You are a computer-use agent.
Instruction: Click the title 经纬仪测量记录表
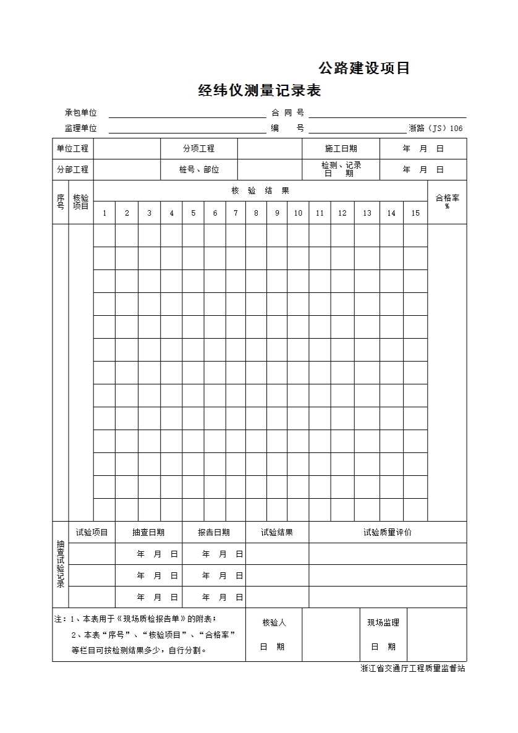coord(259,91)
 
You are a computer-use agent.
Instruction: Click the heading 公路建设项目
coord(364,68)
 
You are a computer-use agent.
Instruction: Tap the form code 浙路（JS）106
coord(436,129)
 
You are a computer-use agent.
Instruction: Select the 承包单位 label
coord(81,112)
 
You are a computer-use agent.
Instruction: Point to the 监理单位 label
coord(81,128)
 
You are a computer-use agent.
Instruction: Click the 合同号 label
coord(287,112)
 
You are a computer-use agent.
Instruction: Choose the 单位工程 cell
coord(73,148)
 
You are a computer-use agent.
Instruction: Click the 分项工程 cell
coord(198,148)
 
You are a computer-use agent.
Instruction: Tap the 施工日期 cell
coord(341,148)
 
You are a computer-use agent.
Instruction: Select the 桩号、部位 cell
coord(198,169)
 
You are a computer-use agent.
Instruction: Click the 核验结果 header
coord(260,190)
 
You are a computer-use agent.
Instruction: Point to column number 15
coord(415,213)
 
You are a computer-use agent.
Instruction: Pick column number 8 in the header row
coord(256,213)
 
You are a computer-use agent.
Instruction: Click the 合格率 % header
coord(447,201)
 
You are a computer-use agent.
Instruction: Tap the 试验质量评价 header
coord(388,532)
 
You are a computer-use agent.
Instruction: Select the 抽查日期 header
coord(148,532)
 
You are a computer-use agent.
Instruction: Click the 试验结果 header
coord(277,532)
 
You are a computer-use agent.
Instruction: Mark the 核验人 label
coord(274,622)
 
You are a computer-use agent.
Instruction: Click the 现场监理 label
coord(383,622)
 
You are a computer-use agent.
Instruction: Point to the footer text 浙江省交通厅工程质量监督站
coord(413,668)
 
